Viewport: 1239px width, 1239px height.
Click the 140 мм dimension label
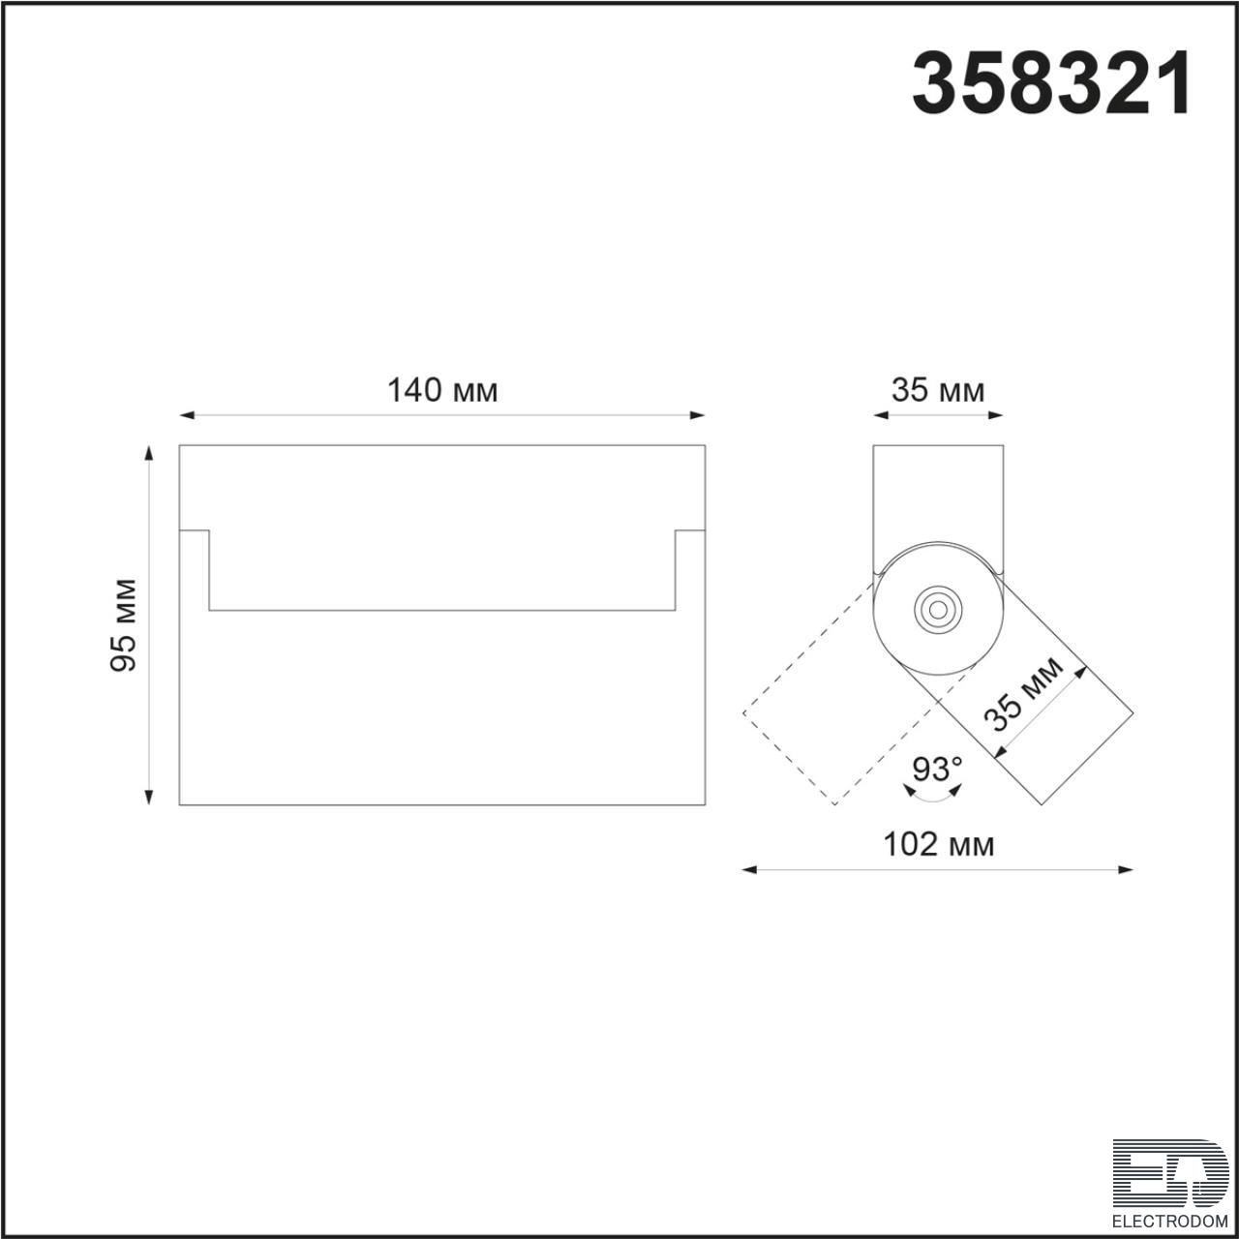(x=442, y=390)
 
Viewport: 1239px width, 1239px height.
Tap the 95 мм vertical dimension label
(x=123, y=625)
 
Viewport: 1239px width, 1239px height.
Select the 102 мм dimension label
(x=938, y=844)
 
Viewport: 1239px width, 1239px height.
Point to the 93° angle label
(x=937, y=769)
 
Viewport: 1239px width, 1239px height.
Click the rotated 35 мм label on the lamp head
(x=1027, y=694)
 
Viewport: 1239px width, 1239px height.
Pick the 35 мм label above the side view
(x=937, y=390)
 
